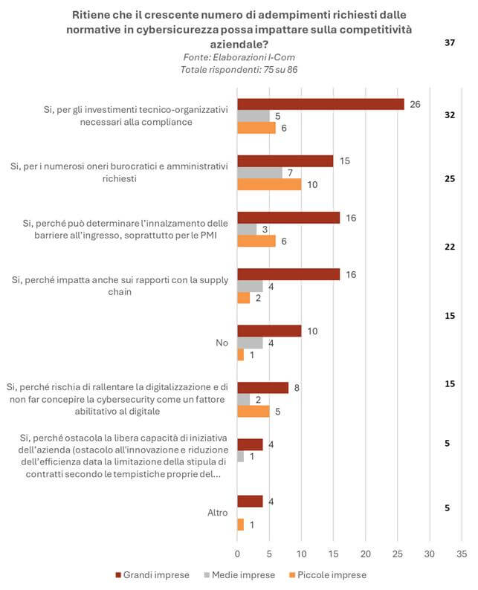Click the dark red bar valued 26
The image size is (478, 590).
coord(320,104)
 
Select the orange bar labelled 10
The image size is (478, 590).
coord(269,184)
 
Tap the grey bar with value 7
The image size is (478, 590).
coord(259,172)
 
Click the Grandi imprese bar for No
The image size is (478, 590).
coord(269,331)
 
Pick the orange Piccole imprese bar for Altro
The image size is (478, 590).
coord(240,524)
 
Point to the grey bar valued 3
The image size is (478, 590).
coord(247,229)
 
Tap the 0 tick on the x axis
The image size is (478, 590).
coord(237,554)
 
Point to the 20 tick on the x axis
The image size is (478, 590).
coord(365,554)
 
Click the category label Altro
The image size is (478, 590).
coord(216,513)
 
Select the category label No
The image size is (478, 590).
coord(221,343)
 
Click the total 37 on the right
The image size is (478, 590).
coord(449,43)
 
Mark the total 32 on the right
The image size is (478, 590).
coord(449,115)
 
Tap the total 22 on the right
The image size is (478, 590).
coord(449,247)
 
